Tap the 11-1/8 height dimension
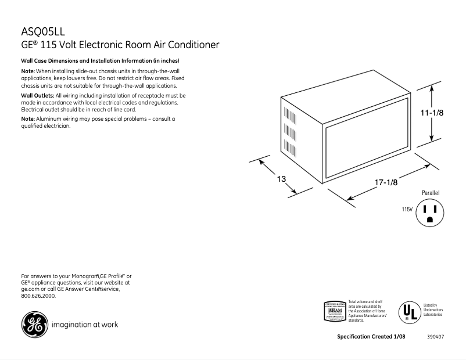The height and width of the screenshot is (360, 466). click(x=432, y=114)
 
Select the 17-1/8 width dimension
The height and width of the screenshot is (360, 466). click(x=386, y=182)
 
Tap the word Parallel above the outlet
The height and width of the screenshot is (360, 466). click(x=431, y=193)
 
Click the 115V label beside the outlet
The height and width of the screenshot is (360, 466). click(x=407, y=209)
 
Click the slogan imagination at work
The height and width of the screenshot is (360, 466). click(x=85, y=325)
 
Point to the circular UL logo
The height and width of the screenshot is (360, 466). click(x=408, y=312)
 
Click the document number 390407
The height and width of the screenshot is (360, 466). click(x=436, y=337)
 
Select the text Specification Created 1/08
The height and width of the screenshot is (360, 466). click(x=371, y=337)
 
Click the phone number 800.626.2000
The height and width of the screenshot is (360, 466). click(x=38, y=296)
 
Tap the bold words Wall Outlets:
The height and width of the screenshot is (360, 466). click(x=37, y=95)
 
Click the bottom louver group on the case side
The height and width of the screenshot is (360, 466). click(x=286, y=148)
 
